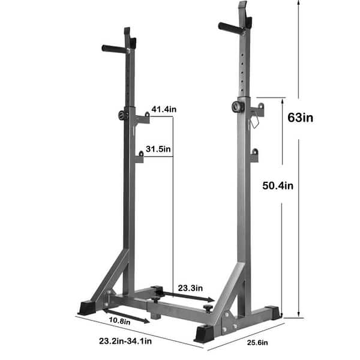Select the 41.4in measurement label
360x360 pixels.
click(164, 109)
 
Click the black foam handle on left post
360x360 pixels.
click(115, 49)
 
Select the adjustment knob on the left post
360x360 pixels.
click(123, 116)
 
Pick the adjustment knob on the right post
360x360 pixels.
click(235, 107)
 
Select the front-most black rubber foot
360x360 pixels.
click(203, 333)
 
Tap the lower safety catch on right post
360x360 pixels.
click(254, 155)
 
